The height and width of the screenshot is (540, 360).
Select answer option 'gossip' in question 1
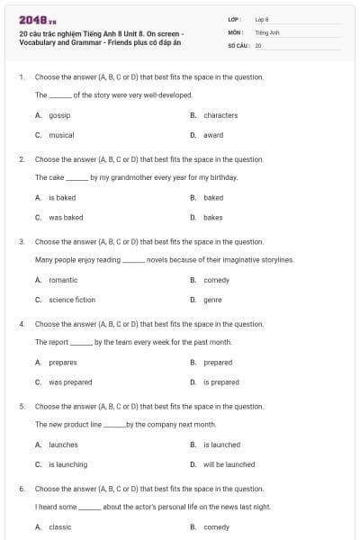59,115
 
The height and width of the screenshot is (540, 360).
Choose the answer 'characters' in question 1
220,115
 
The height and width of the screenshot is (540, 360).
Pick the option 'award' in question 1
213,135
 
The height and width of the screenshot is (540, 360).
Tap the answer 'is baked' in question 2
62,197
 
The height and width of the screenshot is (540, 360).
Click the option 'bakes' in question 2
213,217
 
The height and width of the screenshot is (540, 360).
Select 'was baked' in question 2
66,217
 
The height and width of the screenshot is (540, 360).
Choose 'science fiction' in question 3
72,300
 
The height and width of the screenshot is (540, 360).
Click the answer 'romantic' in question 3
63,280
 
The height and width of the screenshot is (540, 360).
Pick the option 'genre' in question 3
212,300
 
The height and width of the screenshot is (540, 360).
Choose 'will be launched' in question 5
229,464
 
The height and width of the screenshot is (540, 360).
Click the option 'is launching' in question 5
68,464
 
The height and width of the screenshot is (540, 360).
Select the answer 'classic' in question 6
59,526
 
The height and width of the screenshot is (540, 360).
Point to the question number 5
22,406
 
